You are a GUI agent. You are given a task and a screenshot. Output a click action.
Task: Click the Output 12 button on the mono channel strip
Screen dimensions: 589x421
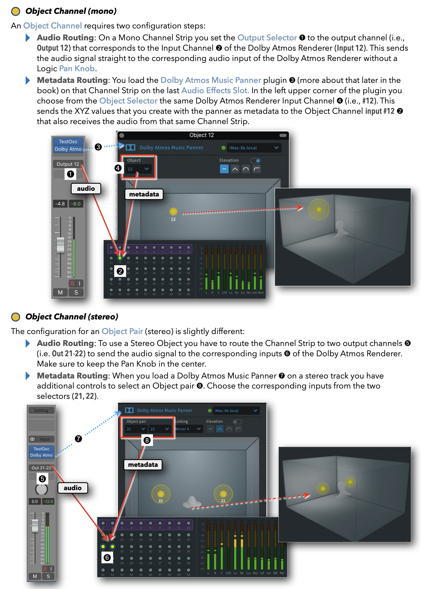pyautogui.click(x=68, y=164)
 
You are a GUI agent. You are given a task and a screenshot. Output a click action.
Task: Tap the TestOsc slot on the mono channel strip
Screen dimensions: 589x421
pyautogui.click(x=68, y=141)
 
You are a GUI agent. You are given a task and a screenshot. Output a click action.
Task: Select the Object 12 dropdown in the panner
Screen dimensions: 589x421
pyautogui.click(x=138, y=169)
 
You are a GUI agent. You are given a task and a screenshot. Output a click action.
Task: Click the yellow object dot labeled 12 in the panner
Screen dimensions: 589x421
pyautogui.click(x=173, y=211)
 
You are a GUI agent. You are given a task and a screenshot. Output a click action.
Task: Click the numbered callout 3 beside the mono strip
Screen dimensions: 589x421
pyautogui.click(x=98, y=147)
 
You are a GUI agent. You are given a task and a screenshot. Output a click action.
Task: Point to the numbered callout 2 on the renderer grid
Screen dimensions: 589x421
pyautogui.click(x=120, y=271)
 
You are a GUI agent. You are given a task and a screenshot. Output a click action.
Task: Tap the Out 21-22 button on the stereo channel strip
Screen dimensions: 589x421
pyautogui.click(x=41, y=468)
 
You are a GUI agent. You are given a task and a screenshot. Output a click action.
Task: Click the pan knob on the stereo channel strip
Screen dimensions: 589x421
pyautogui.click(x=42, y=489)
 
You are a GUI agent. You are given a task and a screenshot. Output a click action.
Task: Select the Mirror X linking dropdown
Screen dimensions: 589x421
pyautogui.click(x=188, y=429)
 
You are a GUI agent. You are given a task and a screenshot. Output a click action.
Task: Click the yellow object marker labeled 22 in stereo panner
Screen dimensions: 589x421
pyautogui.click(x=161, y=494)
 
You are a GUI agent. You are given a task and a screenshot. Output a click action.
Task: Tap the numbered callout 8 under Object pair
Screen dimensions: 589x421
pyautogui.click(x=147, y=440)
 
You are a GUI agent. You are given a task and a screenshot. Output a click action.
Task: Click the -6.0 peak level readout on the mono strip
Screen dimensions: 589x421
pyautogui.click(x=76, y=204)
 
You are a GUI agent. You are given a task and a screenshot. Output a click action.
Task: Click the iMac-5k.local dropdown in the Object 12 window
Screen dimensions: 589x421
pyautogui.click(x=253, y=148)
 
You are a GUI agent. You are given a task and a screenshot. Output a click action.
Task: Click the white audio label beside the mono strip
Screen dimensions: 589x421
pyautogui.click(x=86, y=189)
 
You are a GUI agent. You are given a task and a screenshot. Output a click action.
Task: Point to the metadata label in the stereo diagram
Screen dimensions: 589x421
pyautogui.click(x=143, y=465)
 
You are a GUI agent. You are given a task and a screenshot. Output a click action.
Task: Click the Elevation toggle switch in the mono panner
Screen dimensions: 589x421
pyautogui.click(x=255, y=160)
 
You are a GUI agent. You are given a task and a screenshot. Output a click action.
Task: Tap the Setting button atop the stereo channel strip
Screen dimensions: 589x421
pyautogui.click(x=41, y=410)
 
